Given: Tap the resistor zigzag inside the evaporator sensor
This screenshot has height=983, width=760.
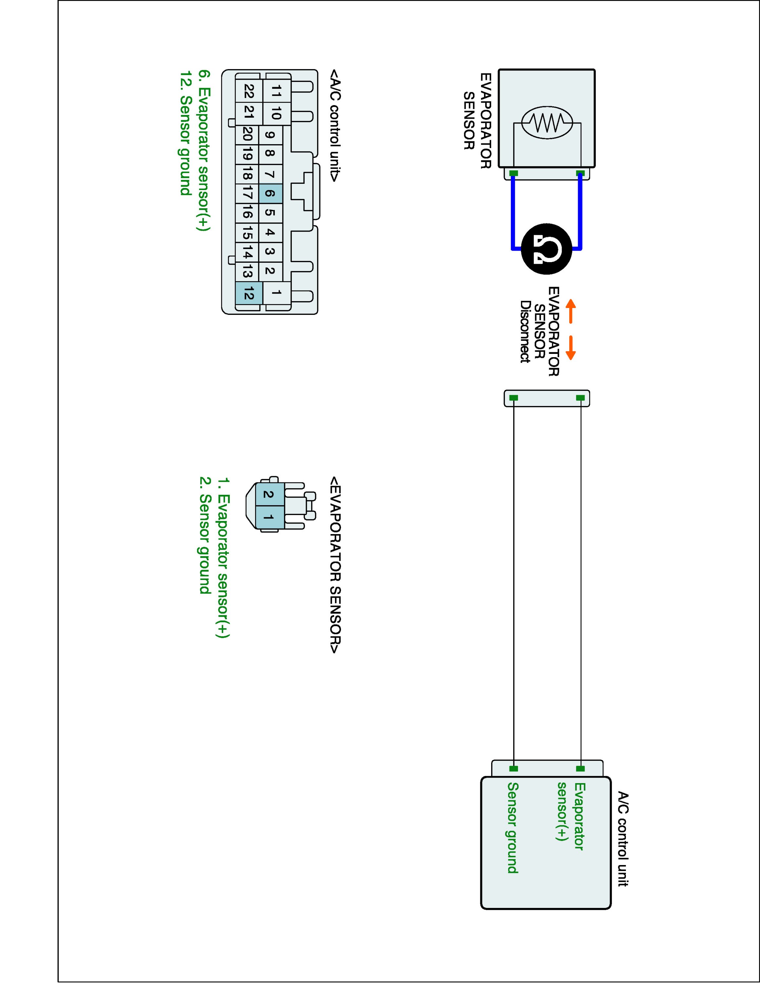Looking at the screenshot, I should [x=547, y=122].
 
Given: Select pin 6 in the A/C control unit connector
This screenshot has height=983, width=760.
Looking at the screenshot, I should [x=270, y=194].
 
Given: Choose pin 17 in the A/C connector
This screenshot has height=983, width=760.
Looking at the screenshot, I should [x=247, y=194].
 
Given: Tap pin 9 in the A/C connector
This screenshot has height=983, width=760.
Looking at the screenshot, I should [x=270, y=135].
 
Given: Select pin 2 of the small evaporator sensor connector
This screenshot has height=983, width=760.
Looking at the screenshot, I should [x=268, y=495].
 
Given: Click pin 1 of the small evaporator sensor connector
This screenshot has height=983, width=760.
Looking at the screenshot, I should [x=268, y=518].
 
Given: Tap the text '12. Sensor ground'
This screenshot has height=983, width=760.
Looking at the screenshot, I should [x=185, y=133].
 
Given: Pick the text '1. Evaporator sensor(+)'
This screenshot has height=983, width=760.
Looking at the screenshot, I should [x=223, y=558].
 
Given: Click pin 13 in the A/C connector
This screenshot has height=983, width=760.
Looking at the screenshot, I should [x=247, y=271].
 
